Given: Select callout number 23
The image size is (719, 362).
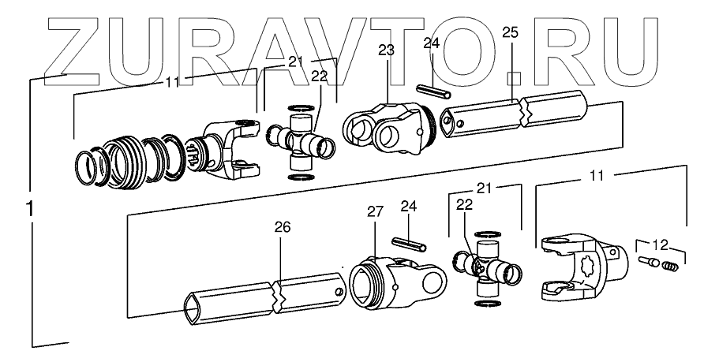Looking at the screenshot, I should [385, 50].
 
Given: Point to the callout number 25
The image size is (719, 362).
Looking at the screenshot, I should [510, 33].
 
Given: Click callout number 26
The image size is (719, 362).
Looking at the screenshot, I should [282, 227].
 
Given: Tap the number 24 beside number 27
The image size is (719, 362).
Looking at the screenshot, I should [408, 206].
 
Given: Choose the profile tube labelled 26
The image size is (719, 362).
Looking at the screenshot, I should [264, 296].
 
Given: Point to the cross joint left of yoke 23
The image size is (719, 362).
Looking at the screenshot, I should [301, 140].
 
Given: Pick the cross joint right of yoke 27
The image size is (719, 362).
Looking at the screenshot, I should [486, 267].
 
